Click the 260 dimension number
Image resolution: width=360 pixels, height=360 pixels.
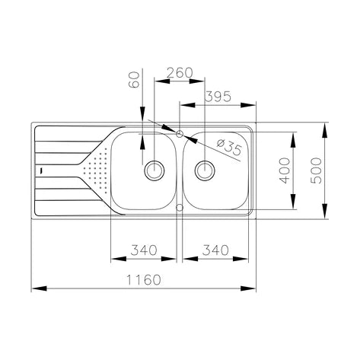(x=178, y=72)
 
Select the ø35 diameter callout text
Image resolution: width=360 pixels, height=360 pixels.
(x=229, y=145)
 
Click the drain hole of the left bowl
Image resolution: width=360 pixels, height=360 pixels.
(x=155, y=169)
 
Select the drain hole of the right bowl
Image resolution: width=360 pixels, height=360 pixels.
(x=205, y=169)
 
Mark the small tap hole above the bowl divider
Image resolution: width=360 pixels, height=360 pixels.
(x=180, y=134)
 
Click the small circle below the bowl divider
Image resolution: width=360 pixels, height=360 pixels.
(x=180, y=205)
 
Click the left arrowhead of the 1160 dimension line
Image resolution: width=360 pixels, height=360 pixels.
(x=35, y=289)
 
